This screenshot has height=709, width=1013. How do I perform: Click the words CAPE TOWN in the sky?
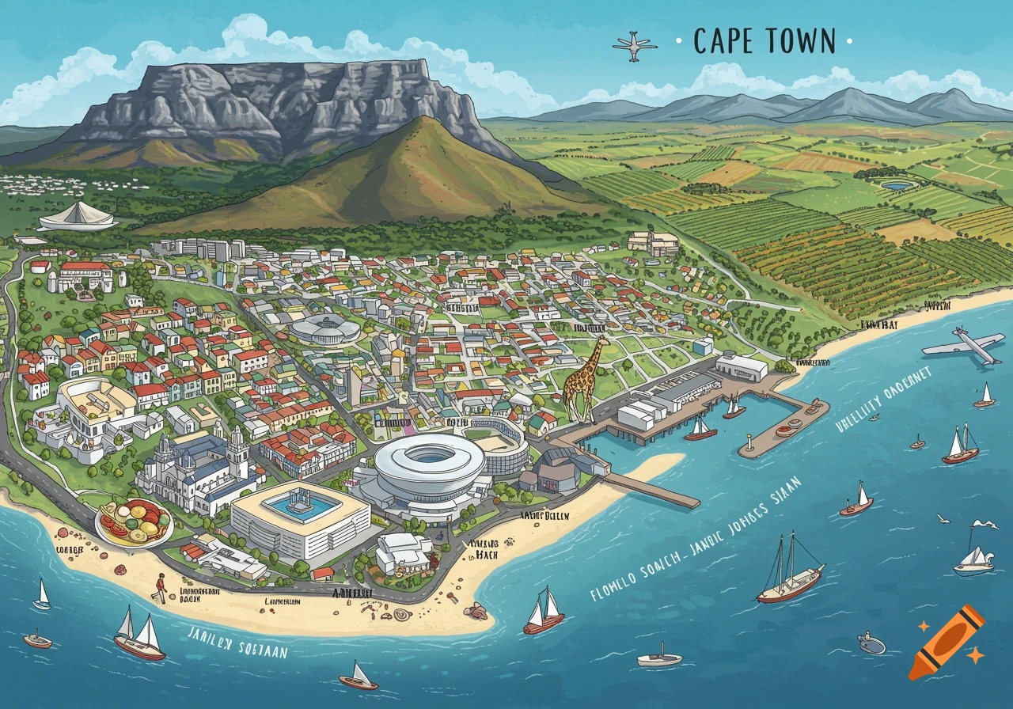(764, 41)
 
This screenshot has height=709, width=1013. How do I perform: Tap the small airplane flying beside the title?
(634, 47)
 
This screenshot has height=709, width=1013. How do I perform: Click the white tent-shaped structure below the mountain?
(78, 216)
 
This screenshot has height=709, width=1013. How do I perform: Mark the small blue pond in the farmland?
(894, 186)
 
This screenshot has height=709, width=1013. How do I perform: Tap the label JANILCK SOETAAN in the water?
(237, 642)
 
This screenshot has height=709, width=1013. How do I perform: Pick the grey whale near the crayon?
(872, 643)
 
